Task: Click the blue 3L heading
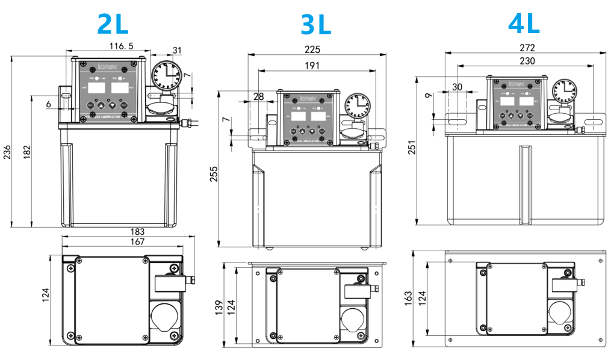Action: tap(315, 25)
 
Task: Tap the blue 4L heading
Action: tap(524, 23)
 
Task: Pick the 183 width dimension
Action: tap(137, 232)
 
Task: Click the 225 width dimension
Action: tap(312, 49)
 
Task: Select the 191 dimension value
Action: tap(312, 65)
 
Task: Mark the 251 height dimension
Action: tap(412, 147)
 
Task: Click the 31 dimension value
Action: tap(177, 50)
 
